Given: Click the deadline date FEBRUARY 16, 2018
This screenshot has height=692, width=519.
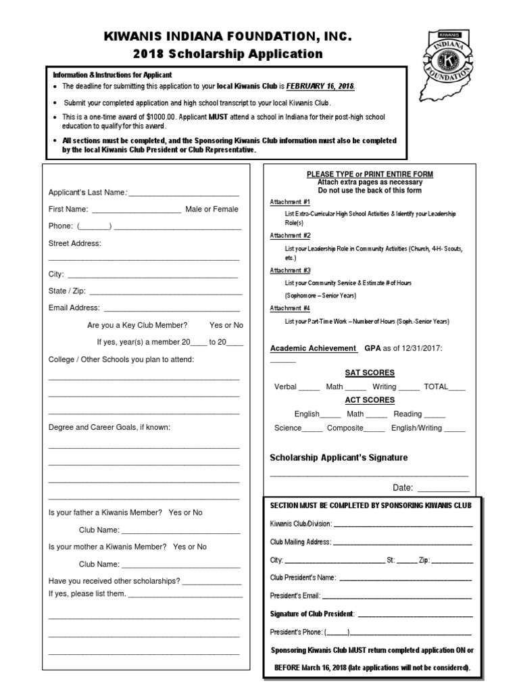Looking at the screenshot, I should click(x=320, y=87).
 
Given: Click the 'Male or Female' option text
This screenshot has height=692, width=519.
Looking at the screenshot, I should click(x=212, y=209).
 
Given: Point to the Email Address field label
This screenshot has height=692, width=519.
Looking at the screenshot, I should click(x=74, y=307).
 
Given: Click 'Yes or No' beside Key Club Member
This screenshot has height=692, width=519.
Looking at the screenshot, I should click(x=226, y=325).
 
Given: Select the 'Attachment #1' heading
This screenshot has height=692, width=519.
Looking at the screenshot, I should click(x=290, y=202).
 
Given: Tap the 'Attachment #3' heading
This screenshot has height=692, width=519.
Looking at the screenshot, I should click(x=290, y=271).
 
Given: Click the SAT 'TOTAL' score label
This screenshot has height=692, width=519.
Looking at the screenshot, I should click(x=435, y=387).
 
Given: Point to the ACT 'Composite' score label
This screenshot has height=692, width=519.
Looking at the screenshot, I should click(x=345, y=428).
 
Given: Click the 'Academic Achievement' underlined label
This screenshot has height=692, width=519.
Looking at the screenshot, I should click(x=314, y=348).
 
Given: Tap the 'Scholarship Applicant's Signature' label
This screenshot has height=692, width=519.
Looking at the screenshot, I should click(x=339, y=458).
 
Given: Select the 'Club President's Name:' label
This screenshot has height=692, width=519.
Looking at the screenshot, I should click(x=303, y=578).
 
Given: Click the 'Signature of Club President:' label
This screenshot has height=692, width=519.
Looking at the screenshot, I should click(x=312, y=614).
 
